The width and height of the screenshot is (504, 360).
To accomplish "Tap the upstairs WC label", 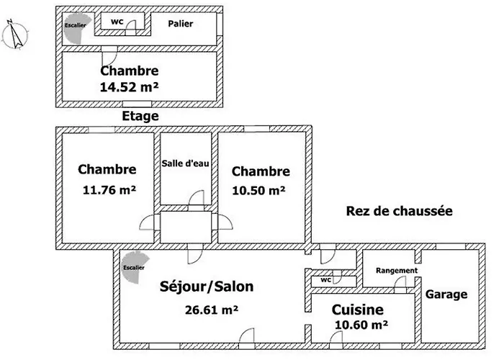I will tap(117, 22).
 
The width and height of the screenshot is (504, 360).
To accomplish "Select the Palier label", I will tap(180, 24).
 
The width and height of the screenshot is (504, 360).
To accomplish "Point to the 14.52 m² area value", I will tap(130, 86).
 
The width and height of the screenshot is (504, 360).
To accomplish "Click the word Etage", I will tap(140, 116).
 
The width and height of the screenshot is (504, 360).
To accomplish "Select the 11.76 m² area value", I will tap(110, 191).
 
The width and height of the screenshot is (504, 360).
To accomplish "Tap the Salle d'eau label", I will tap(186, 163).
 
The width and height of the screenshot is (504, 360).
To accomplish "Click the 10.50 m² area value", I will tap(258, 191).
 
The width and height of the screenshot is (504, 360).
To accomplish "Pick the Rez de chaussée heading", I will tap(398, 211).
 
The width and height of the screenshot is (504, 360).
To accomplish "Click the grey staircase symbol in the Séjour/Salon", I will tap(133, 264).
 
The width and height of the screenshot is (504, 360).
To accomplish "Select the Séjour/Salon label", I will tap(206, 287).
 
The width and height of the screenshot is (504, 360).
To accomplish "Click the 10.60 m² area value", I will tap(361, 325).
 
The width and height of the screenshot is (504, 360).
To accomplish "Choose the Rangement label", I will tap(397, 271).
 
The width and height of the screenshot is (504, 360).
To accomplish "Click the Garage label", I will tap(446, 294).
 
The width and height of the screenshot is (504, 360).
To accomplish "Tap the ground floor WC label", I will tap(325, 280).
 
